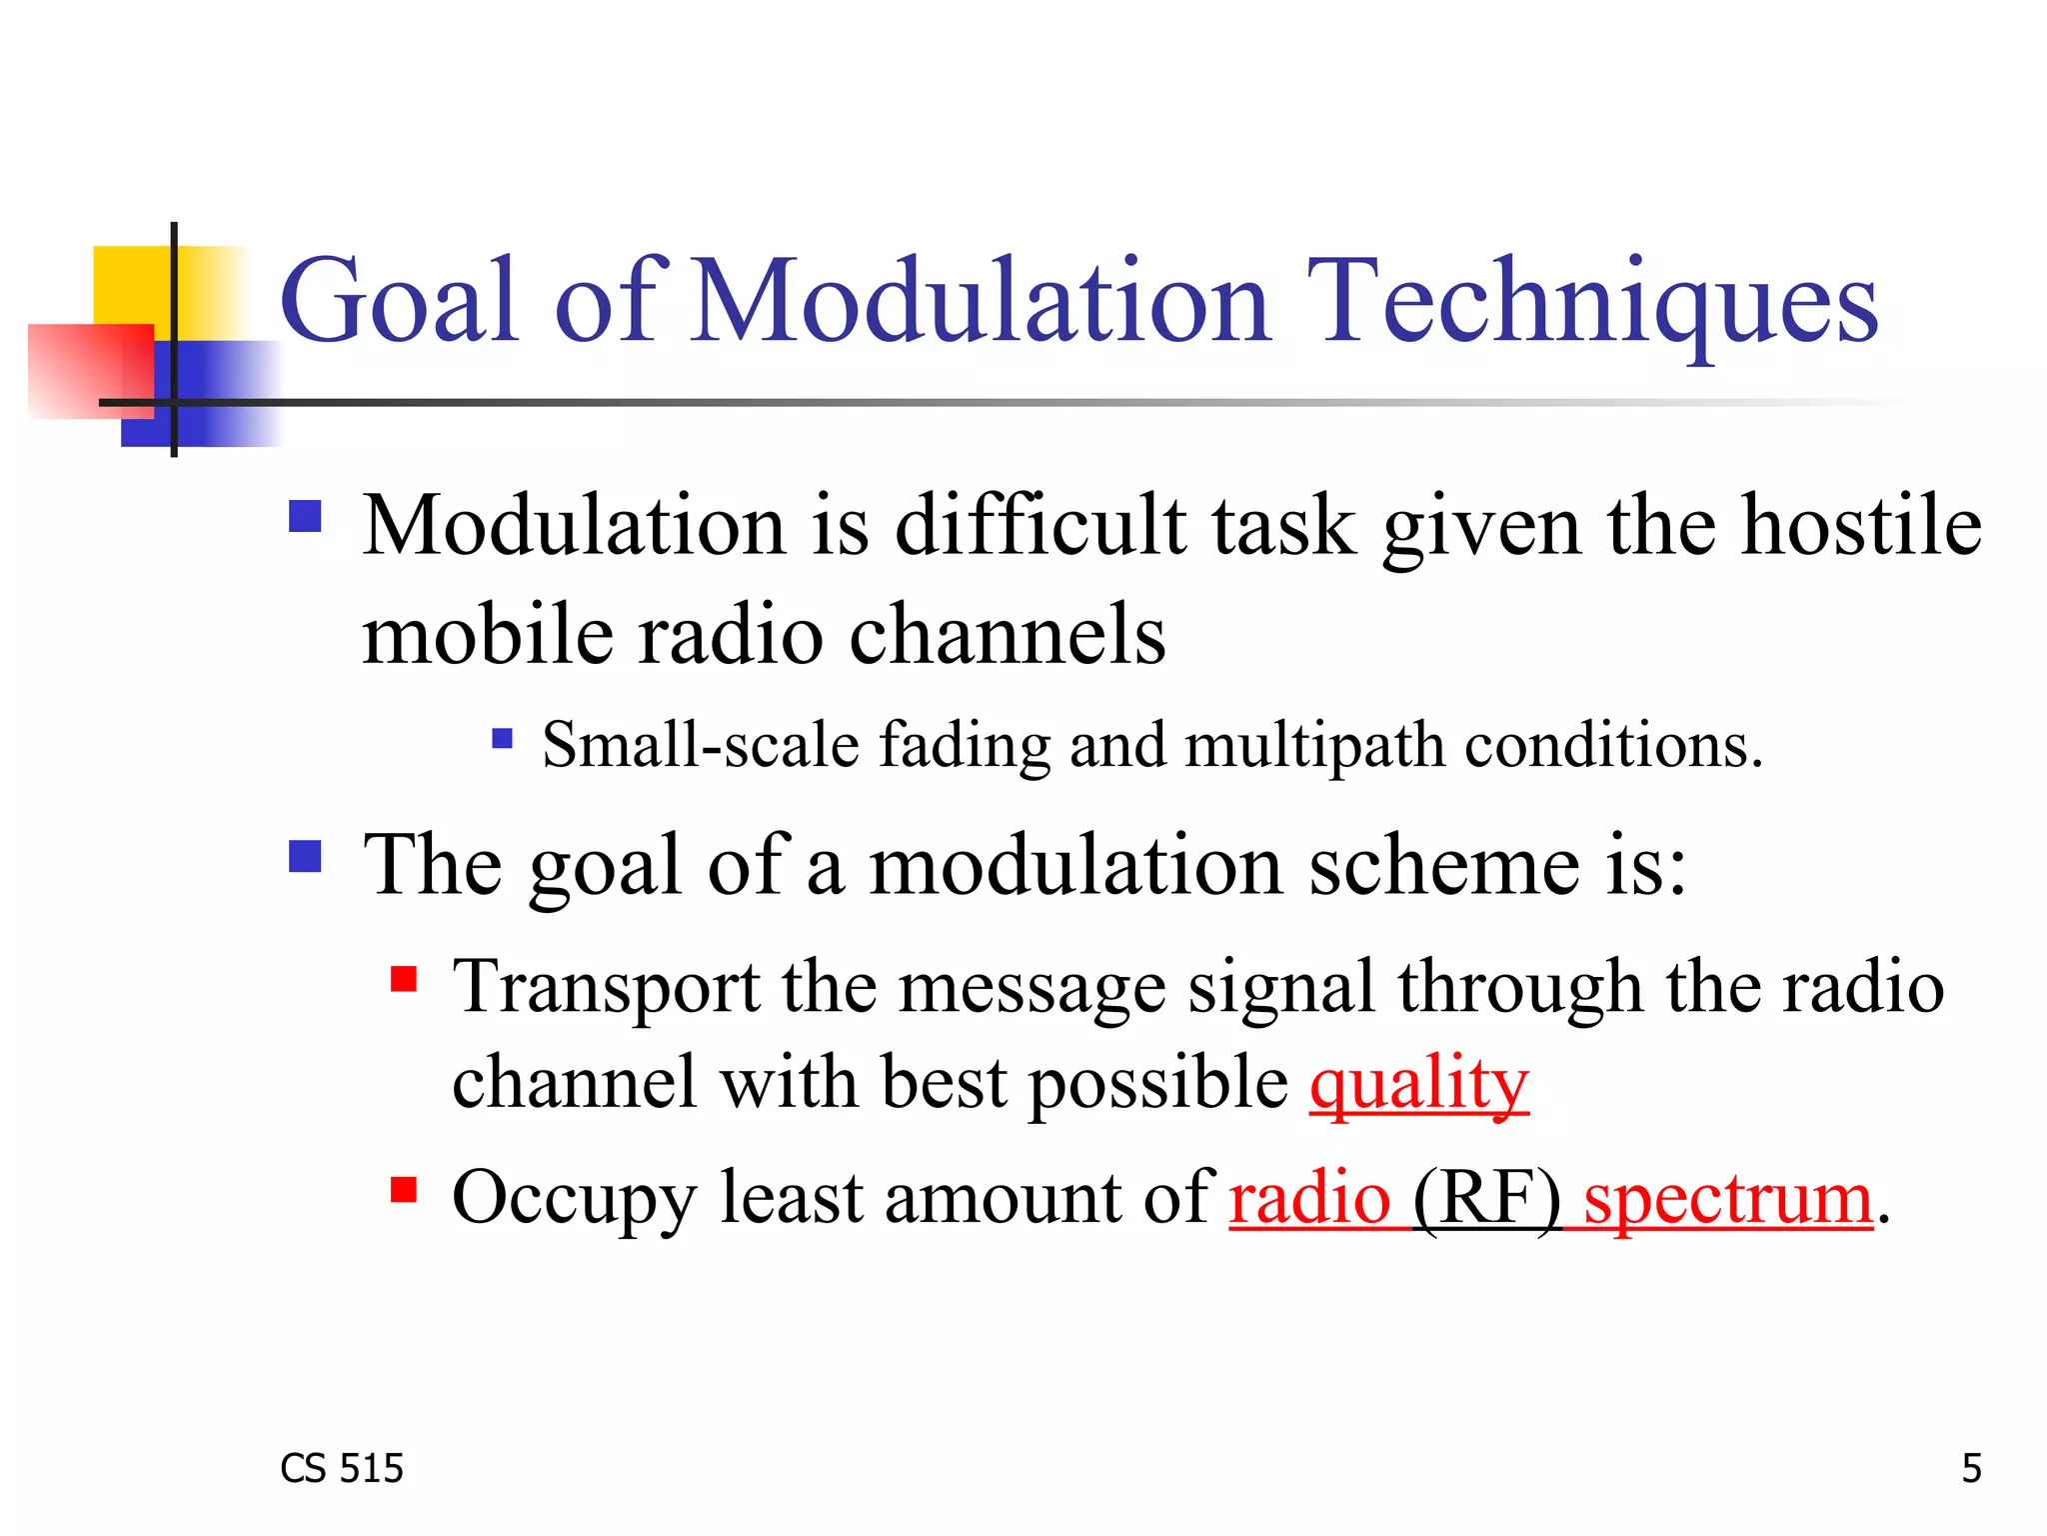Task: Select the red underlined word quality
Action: coord(1418,1084)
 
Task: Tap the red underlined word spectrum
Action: coord(1727,1198)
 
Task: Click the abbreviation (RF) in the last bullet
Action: coord(1486,1198)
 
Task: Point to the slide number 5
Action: coord(1971,1468)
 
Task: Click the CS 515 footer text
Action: coord(342,1468)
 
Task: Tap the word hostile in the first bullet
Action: coord(1861,526)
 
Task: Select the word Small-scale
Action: coord(700,746)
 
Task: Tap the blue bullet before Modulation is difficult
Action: coord(305,517)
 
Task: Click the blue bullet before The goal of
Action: coord(305,857)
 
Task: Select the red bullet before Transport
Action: coord(404,978)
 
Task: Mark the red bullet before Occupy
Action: coord(404,1189)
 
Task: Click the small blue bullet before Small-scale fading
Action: coord(503,739)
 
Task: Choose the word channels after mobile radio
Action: coord(1007,636)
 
